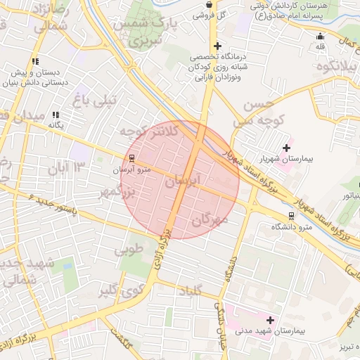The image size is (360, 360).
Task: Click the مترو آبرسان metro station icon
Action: tap(131, 157)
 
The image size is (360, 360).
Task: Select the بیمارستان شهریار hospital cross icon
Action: tap(286, 148)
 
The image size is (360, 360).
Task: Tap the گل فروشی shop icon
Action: tap(209, 5)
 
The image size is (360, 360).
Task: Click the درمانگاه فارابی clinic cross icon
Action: tap(218, 46)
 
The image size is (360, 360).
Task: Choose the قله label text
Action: tap(321, 46)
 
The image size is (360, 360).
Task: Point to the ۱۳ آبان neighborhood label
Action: tap(66, 167)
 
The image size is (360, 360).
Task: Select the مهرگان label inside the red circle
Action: tap(210, 221)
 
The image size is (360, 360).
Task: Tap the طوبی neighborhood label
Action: tap(129, 248)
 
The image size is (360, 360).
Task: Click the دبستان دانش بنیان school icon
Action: tap(35, 61)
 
